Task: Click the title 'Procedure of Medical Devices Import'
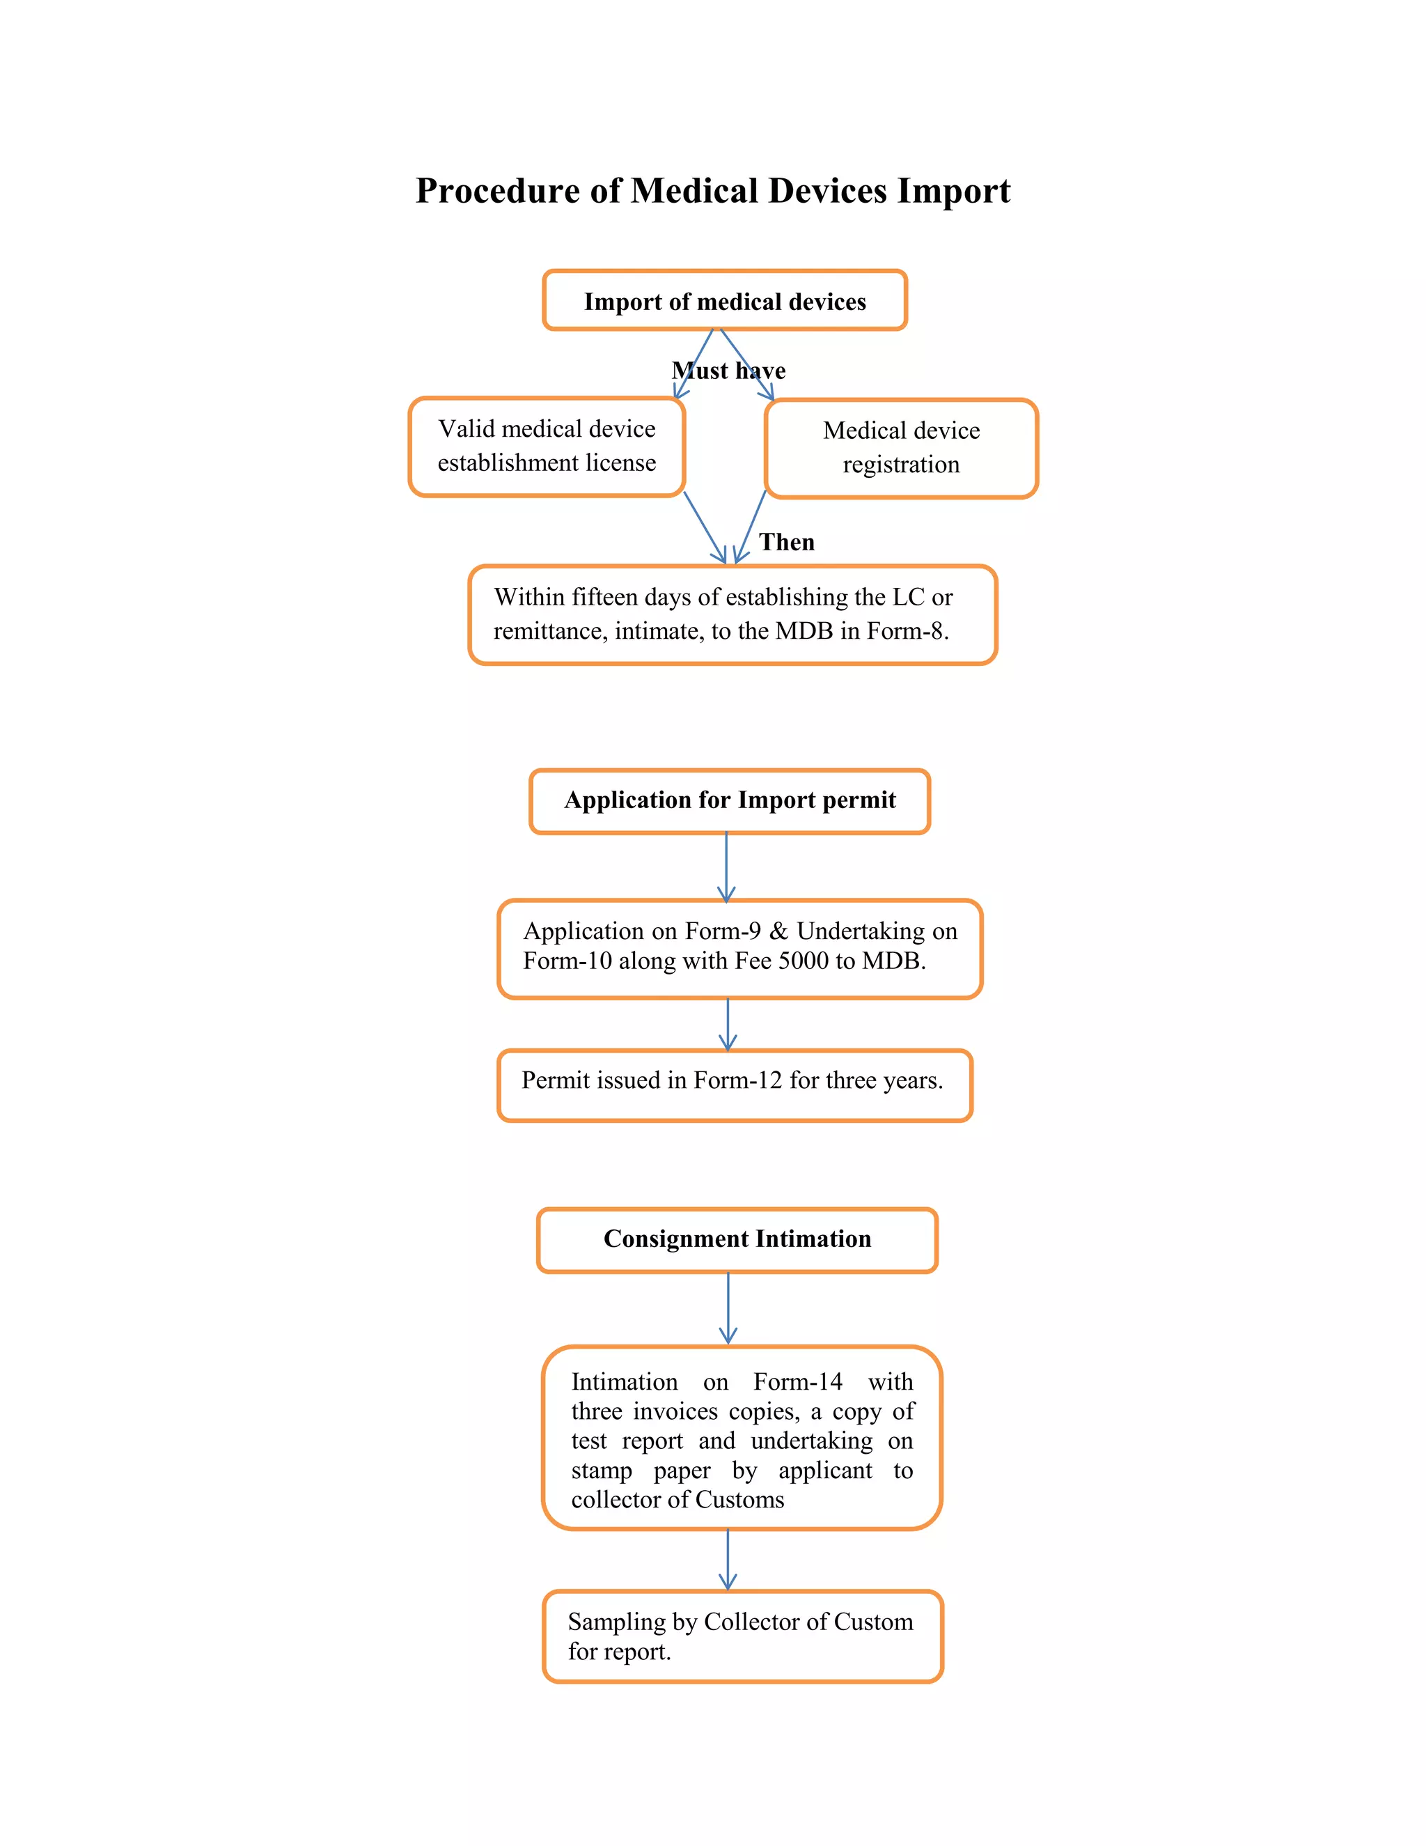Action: point(713,191)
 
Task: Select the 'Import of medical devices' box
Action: point(725,300)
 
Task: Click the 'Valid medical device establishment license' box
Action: point(547,447)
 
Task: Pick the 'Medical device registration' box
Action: point(902,448)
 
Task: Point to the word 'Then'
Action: point(787,542)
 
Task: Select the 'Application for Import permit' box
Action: point(730,801)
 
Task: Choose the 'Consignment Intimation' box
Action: point(737,1240)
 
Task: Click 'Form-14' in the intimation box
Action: point(797,1382)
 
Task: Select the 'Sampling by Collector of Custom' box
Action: point(742,1636)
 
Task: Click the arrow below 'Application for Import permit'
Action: point(726,867)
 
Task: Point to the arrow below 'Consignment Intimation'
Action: point(728,1308)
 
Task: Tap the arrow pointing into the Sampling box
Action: point(728,1560)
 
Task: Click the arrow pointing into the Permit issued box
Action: point(728,1025)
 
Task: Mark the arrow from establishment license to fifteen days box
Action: point(705,527)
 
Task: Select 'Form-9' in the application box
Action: point(723,931)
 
